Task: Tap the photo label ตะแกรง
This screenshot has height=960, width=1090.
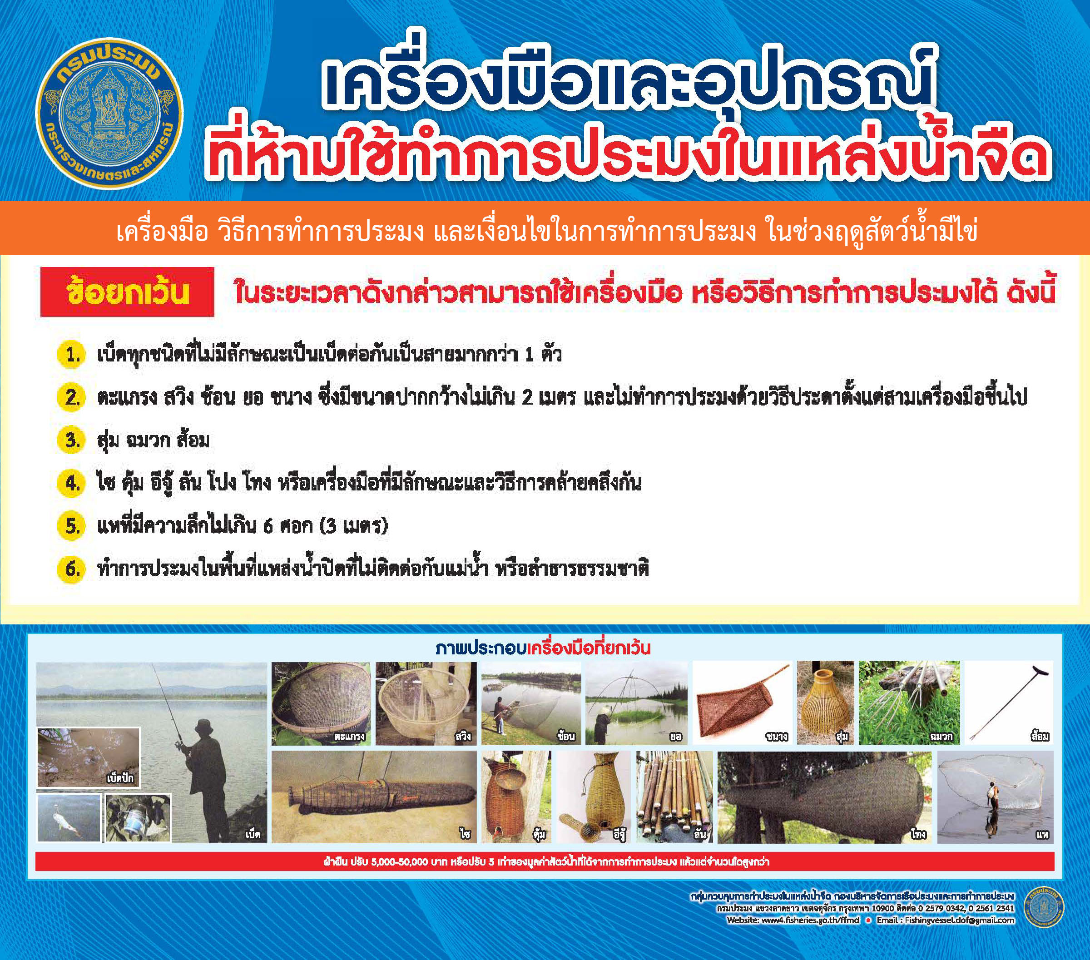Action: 350,737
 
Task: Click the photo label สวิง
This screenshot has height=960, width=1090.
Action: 463,737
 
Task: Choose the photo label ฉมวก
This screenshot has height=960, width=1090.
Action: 940,737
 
